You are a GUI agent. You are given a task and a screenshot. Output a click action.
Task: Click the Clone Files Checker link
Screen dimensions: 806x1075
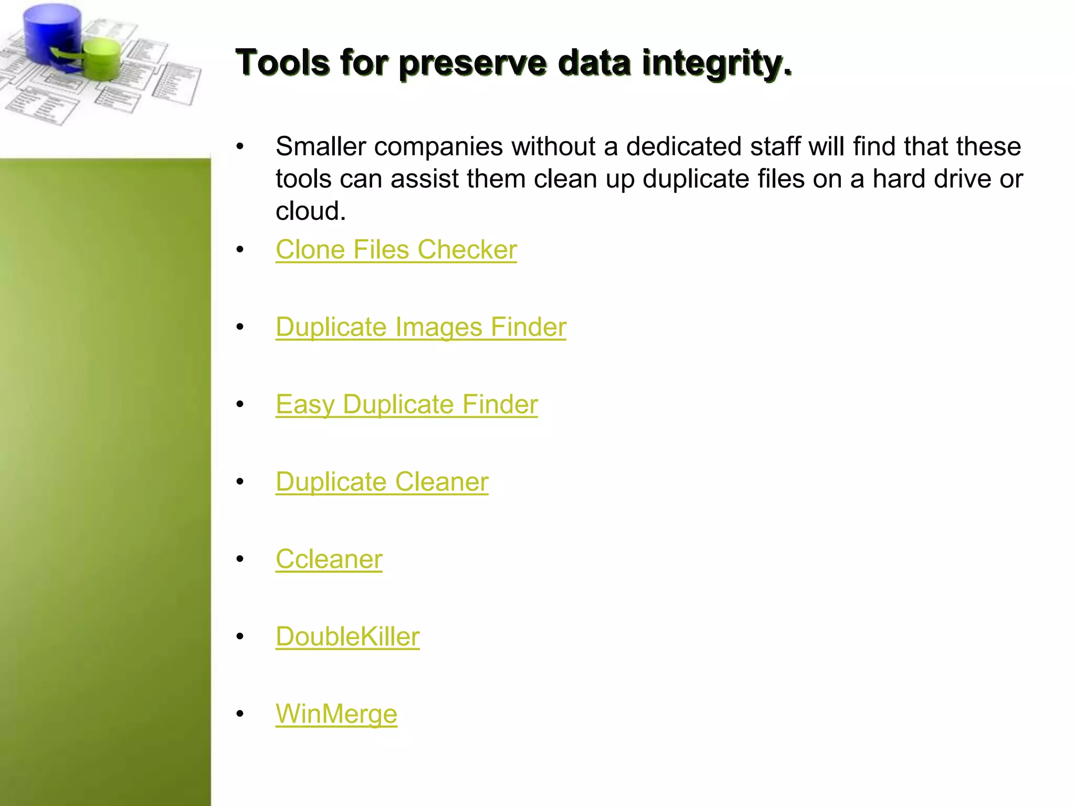[396, 250]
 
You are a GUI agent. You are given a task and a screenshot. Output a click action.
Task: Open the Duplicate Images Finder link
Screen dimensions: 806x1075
[421, 327]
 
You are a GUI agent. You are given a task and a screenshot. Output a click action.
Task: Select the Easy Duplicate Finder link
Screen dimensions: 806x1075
[407, 405]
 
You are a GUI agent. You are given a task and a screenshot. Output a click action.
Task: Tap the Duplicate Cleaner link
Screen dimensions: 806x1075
[382, 482]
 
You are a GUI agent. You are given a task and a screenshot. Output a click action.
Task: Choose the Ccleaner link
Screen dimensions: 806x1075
[329, 559]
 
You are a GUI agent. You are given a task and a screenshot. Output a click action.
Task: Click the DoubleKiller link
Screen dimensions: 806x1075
[347, 637]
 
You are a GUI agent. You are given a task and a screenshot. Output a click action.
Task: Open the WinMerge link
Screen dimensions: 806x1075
[336, 714]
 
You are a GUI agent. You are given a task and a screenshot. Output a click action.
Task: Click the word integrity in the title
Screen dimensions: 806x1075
[716, 63]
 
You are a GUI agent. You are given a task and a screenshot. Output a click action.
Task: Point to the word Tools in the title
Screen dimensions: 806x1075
[283, 63]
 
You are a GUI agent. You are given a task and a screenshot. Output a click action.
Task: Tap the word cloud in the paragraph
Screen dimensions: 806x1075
[310, 211]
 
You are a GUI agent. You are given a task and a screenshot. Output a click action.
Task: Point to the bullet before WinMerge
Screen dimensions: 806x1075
[240, 714]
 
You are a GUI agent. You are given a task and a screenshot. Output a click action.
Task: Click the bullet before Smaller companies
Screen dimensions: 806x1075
[240, 146]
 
